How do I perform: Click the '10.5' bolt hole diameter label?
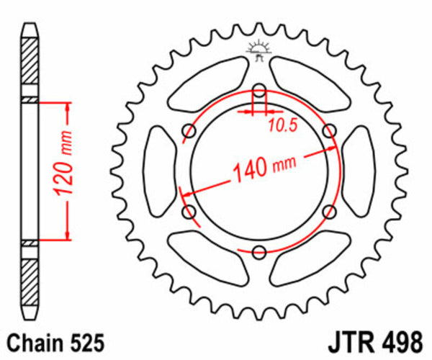click(283, 127)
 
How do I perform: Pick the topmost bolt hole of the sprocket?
click(260, 91)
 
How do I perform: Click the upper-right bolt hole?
click(330, 130)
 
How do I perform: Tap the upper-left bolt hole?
click(190, 130)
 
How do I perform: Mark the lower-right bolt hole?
click(330, 212)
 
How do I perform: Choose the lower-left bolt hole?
click(190, 212)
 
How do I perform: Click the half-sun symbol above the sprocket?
click(257, 50)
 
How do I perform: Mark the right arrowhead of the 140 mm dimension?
click(334, 148)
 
